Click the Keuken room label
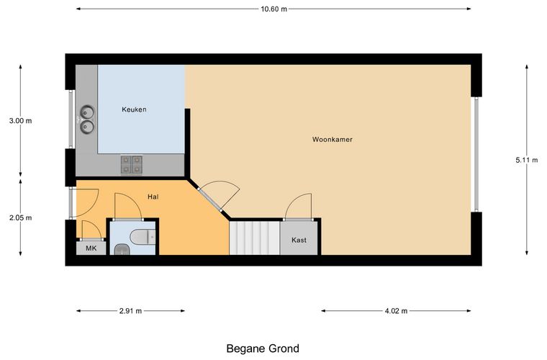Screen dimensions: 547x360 point(134,109)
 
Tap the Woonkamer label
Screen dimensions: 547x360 point(332,140)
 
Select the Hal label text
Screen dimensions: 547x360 point(153,197)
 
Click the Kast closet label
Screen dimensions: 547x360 point(299,240)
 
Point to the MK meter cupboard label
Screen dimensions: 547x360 point(91,248)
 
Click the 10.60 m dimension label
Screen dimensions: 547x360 point(273,9)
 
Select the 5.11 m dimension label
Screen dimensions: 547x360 point(527,160)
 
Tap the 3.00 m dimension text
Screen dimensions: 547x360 point(21,121)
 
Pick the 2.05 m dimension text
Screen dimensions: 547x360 point(21,217)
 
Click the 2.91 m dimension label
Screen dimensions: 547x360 point(130,311)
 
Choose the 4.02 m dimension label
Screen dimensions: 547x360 point(397,311)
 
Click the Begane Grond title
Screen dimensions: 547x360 point(263,348)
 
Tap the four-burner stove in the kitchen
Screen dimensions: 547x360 point(132,165)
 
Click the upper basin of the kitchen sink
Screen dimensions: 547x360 point(87,112)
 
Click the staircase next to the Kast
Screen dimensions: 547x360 point(255,238)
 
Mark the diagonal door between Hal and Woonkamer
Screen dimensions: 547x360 point(209,199)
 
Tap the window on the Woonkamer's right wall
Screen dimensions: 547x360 point(476,154)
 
